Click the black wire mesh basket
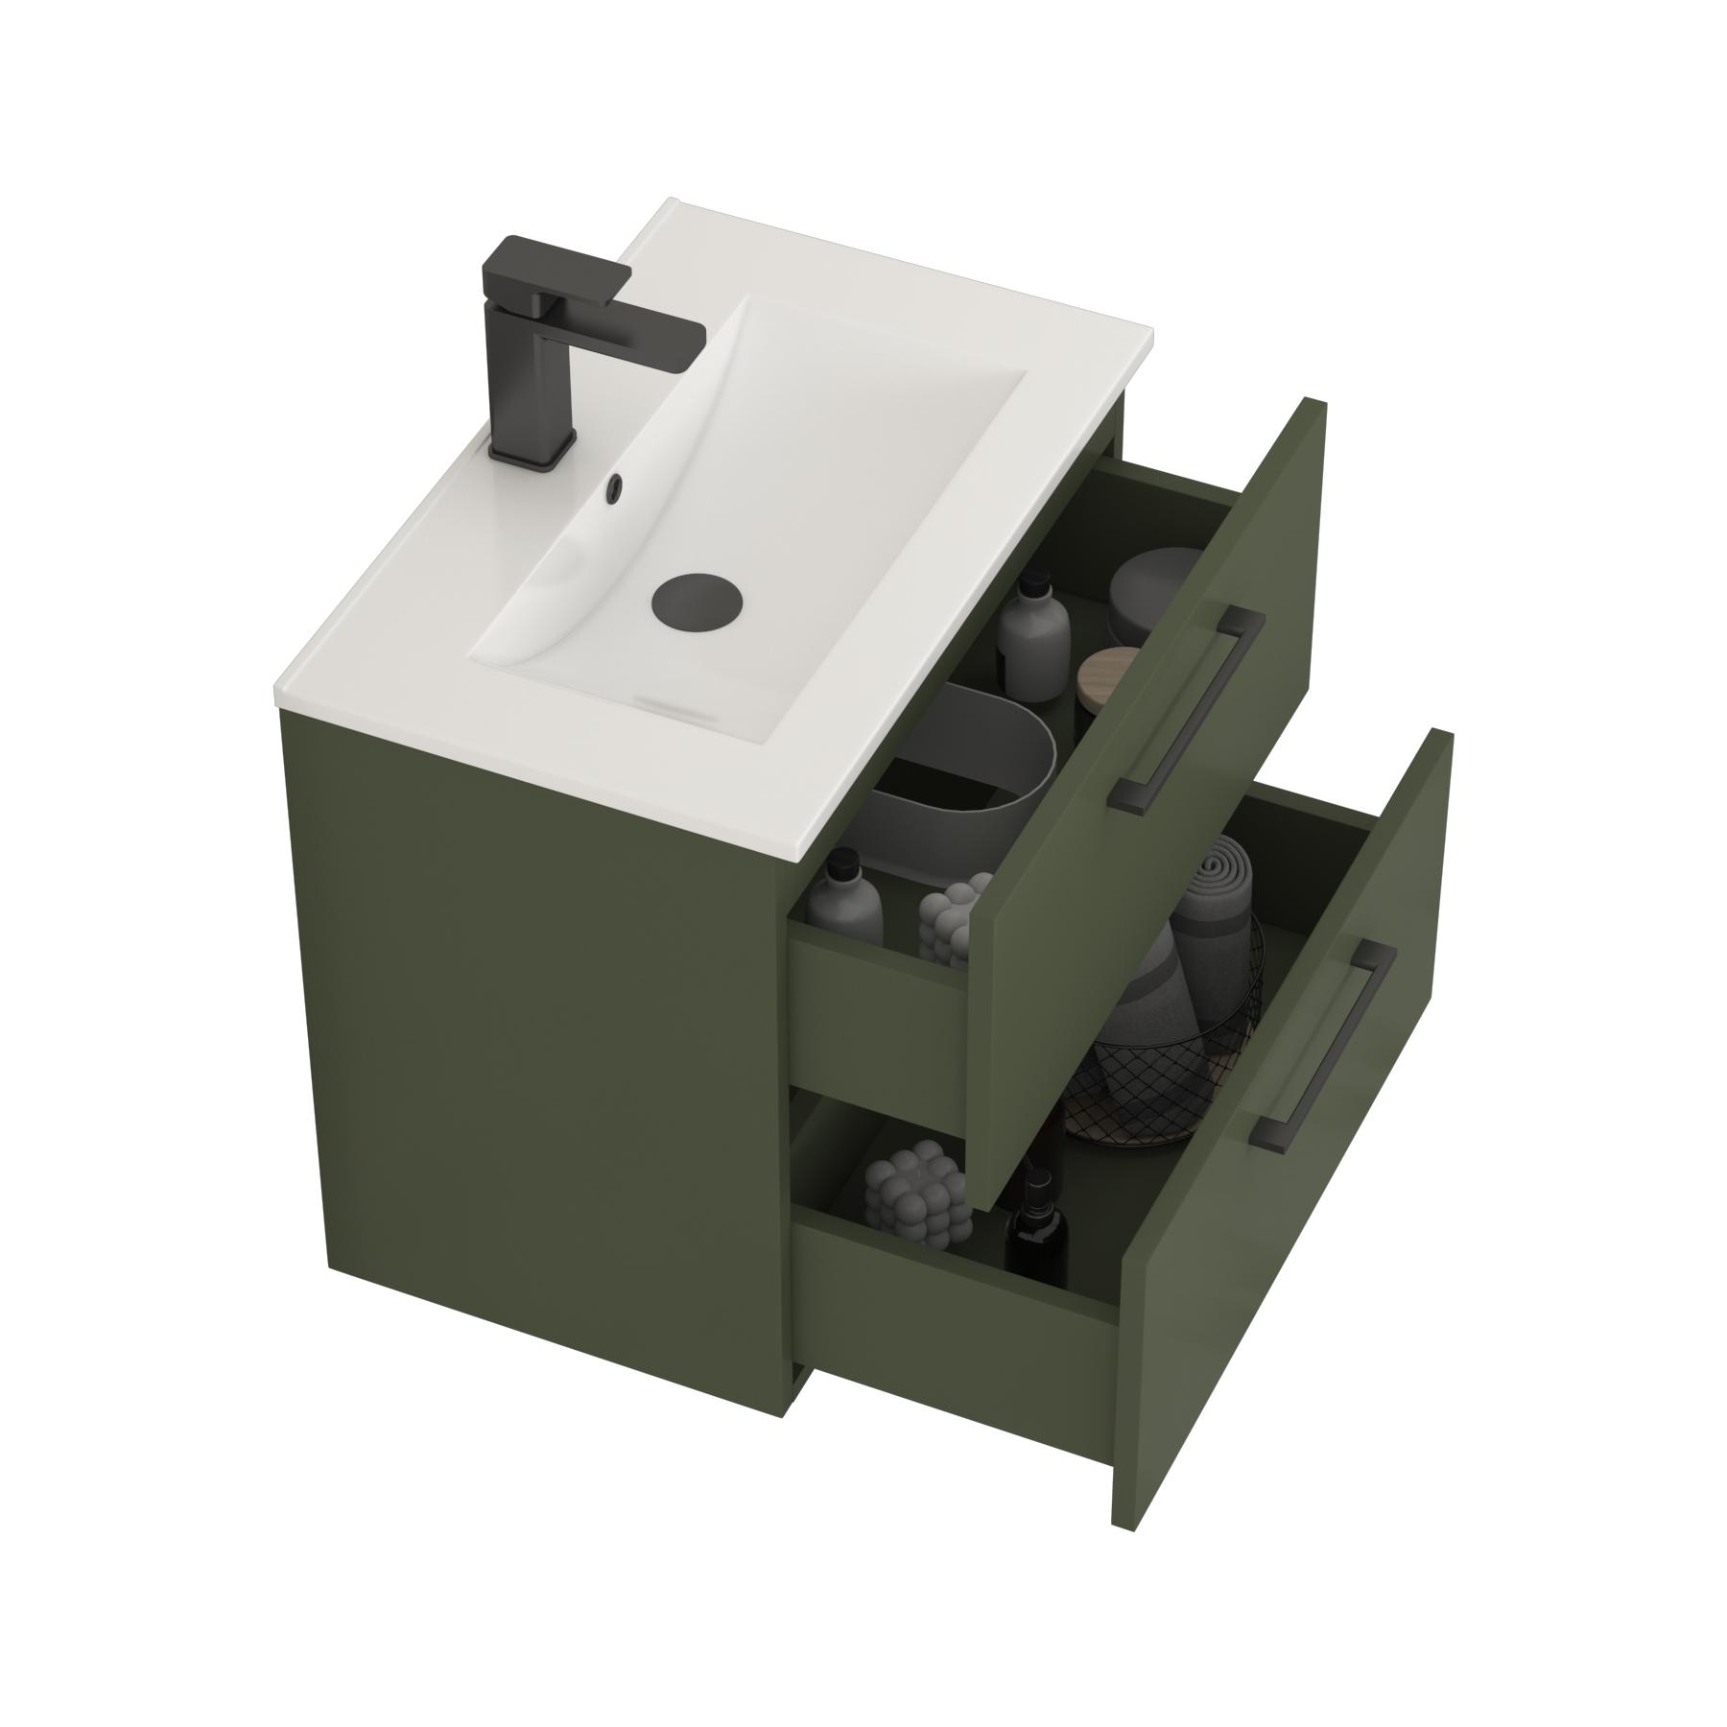coord(1151,1084)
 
